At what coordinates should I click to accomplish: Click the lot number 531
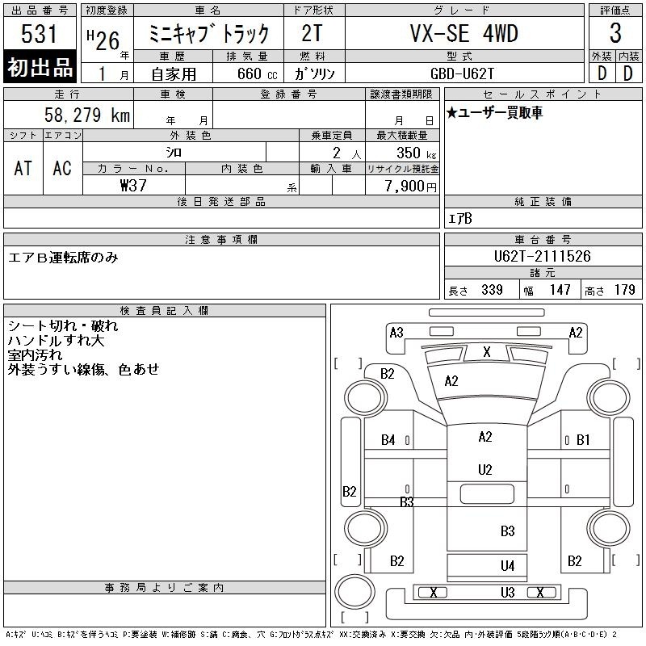pyautogui.click(x=39, y=33)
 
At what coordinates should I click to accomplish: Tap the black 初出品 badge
pyautogui.click(x=40, y=67)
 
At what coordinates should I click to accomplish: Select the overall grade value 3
pyautogui.click(x=615, y=33)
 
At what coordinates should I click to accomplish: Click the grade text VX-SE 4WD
pyautogui.click(x=464, y=33)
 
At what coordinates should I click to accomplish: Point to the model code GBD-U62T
pyautogui.click(x=462, y=73)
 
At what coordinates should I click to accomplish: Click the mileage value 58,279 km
pyautogui.click(x=87, y=115)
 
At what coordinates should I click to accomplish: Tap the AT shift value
pyautogui.click(x=23, y=168)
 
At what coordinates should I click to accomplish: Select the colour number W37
pyautogui.click(x=133, y=186)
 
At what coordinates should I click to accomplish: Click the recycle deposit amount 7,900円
pyautogui.click(x=410, y=187)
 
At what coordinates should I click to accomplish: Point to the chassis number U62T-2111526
pyautogui.click(x=542, y=256)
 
